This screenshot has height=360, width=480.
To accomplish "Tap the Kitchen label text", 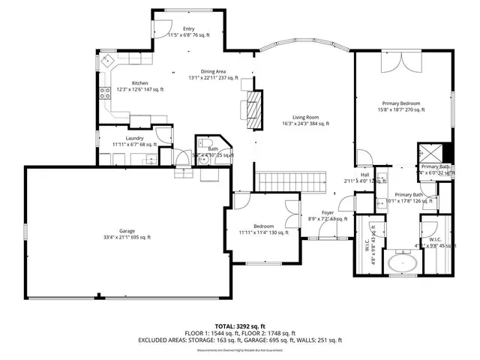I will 140,83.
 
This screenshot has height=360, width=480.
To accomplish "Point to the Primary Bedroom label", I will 399,103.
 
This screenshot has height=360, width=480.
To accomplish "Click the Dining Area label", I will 213,70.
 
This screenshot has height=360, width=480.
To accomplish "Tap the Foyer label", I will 328,213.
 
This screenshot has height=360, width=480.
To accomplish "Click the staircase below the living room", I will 292,181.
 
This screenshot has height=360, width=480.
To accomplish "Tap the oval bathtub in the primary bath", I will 405,263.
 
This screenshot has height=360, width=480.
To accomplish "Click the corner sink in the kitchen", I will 107,60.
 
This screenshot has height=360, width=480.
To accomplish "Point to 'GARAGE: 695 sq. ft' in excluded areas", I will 281,340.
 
